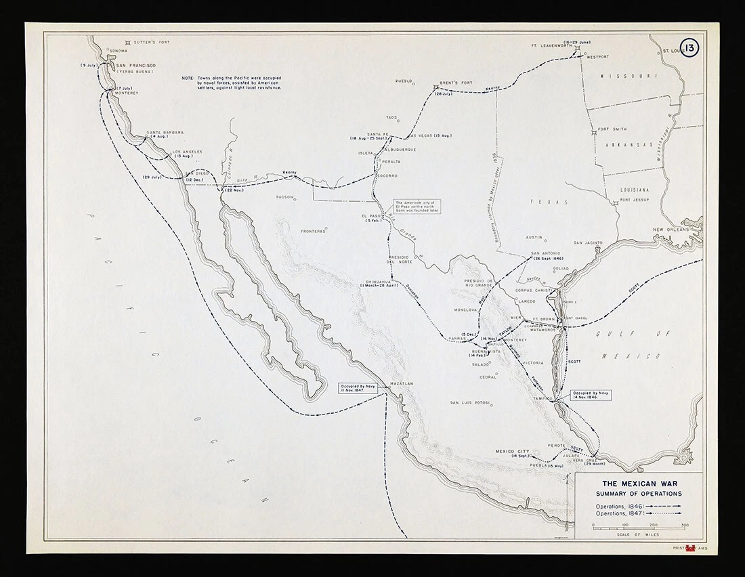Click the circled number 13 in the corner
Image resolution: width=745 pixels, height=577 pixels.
689,48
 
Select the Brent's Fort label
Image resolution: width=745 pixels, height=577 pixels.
456,83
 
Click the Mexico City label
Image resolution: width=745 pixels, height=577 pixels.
512,451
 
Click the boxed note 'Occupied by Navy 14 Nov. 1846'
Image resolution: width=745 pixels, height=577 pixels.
591,395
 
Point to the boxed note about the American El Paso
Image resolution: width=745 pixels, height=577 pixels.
417,207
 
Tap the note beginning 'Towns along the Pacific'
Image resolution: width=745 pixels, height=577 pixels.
232,83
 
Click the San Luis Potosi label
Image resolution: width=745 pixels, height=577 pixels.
470,403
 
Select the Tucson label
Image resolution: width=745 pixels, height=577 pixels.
284,197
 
